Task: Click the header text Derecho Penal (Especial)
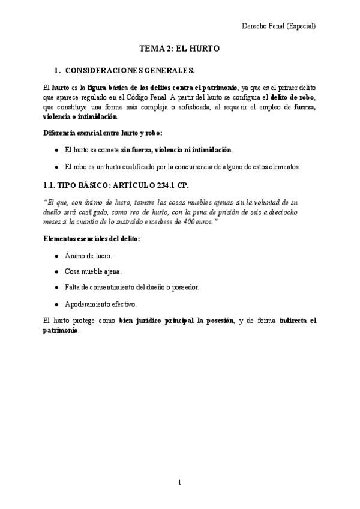point(278,26)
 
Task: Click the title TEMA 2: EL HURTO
point(179,50)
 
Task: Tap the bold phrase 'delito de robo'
point(293,97)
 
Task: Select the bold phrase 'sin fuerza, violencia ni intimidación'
point(176,149)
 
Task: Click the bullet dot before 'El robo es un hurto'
point(56,167)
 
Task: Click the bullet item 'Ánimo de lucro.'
point(88,255)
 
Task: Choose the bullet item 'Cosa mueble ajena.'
point(93,271)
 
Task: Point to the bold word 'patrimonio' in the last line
point(61,330)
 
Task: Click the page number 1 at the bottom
point(179,482)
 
